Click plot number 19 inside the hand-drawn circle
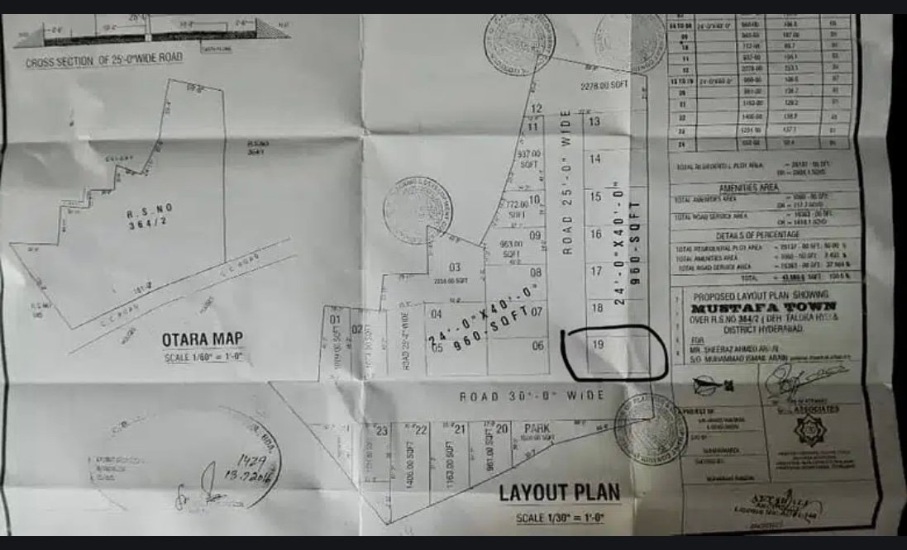pos(598,348)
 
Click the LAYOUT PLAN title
pos(559,493)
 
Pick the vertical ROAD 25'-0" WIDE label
pos(567,196)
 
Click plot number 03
pos(454,268)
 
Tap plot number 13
pos(594,122)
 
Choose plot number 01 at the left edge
pos(336,320)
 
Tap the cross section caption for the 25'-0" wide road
pos(104,60)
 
